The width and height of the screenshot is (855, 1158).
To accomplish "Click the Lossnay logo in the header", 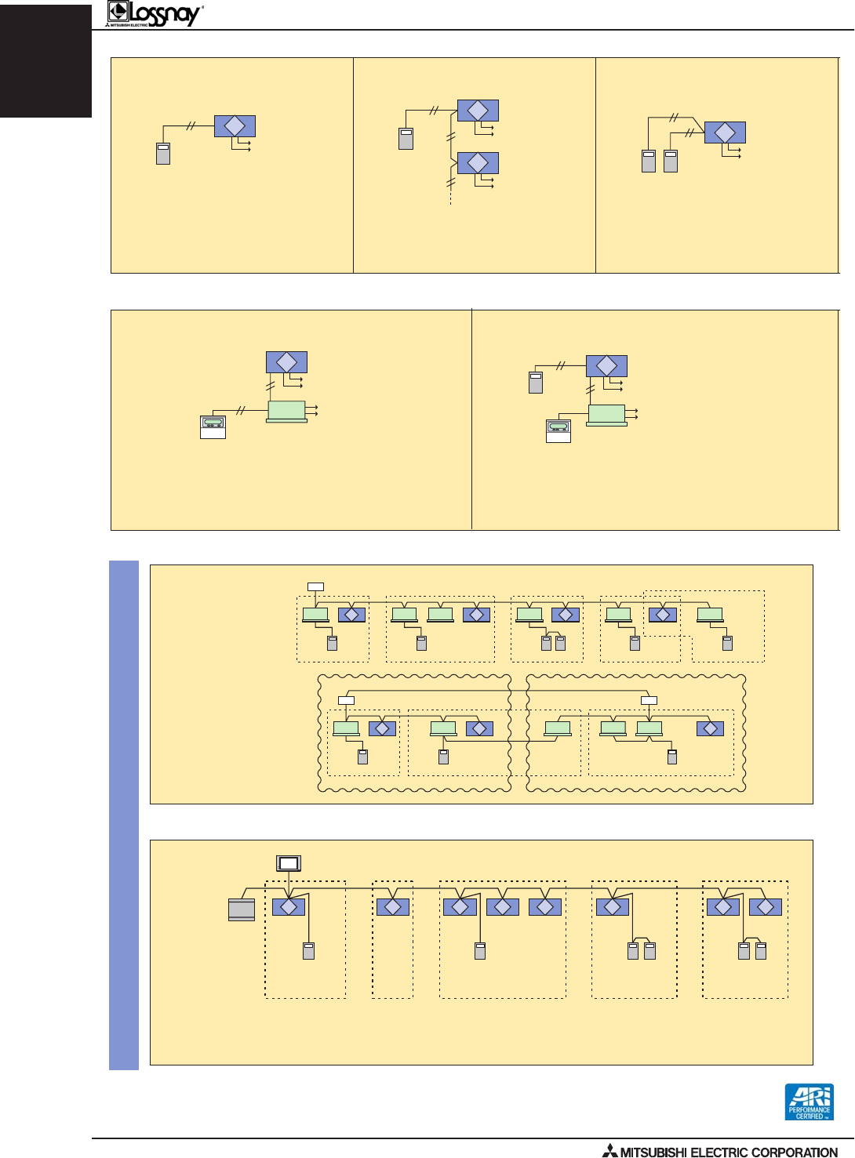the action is pyautogui.click(x=155, y=13).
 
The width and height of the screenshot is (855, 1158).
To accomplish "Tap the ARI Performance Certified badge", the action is pyautogui.click(x=809, y=1102).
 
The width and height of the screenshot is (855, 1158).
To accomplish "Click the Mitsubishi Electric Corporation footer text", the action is pyautogui.click(x=729, y=1152).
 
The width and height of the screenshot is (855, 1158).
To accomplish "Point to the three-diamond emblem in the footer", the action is pyautogui.click(x=609, y=1151).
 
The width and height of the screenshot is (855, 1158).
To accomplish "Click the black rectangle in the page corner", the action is pyautogui.click(x=45, y=60).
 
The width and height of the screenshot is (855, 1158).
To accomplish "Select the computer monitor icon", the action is pyautogui.click(x=289, y=863).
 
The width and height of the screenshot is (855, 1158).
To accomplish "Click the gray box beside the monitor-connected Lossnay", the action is pyautogui.click(x=242, y=909).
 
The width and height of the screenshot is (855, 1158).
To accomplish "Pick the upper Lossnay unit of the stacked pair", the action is pyautogui.click(x=478, y=111).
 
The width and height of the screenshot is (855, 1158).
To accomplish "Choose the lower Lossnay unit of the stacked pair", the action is pyautogui.click(x=478, y=163).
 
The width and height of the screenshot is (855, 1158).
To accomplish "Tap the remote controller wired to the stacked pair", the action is pyautogui.click(x=406, y=139).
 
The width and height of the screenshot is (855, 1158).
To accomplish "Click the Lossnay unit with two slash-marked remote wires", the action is pyautogui.click(x=725, y=132).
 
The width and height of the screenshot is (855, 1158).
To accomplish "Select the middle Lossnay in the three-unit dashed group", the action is pyautogui.click(x=503, y=907).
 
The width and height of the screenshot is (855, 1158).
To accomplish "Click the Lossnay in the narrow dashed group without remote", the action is pyautogui.click(x=393, y=907).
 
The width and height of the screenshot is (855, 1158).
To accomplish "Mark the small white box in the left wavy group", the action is pyautogui.click(x=346, y=700).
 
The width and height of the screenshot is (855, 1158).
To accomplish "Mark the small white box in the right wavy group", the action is pyautogui.click(x=649, y=700).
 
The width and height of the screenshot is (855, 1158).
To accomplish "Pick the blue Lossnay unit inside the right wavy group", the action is pyautogui.click(x=710, y=728).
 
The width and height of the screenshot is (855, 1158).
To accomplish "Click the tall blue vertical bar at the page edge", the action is pyautogui.click(x=124, y=815).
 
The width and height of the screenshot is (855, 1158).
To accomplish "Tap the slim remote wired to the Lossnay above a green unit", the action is pyautogui.click(x=536, y=383).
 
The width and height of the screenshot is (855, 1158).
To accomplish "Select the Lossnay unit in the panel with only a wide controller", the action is pyautogui.click(x=286, y=362).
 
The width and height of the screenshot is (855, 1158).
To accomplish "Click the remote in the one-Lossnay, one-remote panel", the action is pyautogui.click(x=163, y=153).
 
